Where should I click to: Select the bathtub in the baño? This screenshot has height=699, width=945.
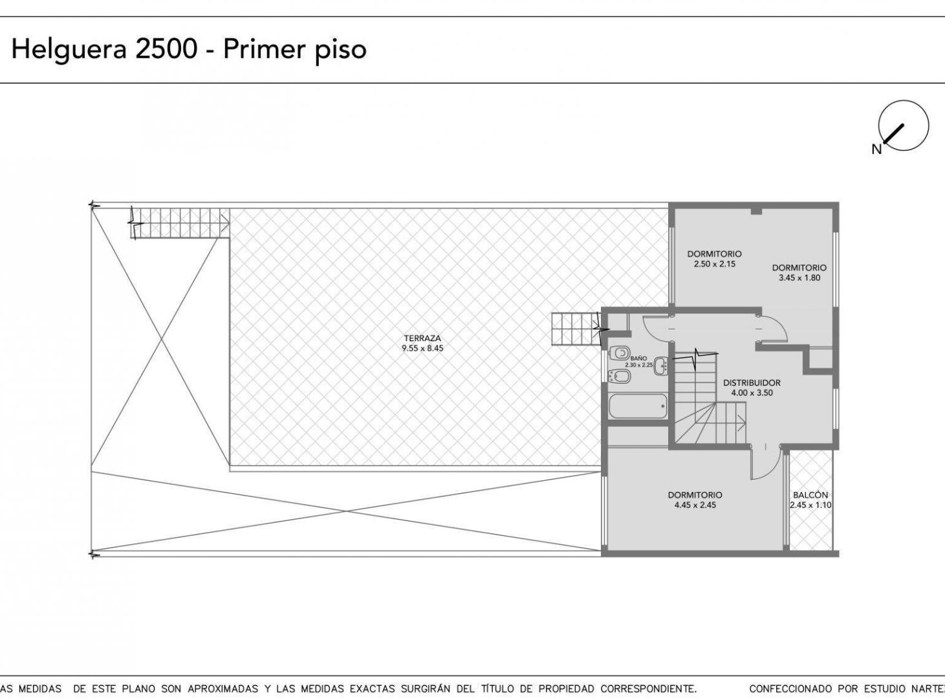click(x=638, y=406)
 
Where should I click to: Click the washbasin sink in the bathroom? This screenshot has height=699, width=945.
click(x=661, y=366)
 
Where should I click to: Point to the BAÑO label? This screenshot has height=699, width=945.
click(x=638, y=359)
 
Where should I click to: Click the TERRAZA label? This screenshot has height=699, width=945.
click(x=422, y=338)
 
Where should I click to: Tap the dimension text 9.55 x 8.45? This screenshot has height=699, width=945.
click(x=422, y=348)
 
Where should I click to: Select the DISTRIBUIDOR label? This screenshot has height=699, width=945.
click(x=752, y=383)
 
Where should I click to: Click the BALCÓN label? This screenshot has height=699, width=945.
click(x=810, y=495)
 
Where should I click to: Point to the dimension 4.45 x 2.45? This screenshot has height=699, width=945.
click(x=695, y=505)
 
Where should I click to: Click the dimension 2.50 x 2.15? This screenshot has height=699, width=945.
click(x=715, y=264)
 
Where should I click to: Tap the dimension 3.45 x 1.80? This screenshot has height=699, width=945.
click(x=799, y=278)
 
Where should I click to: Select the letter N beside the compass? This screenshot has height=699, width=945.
click(x=876, y=150)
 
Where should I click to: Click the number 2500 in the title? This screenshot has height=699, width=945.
click(x=166, y=49)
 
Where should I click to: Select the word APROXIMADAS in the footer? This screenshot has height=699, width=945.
click(x=223, y=689)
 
